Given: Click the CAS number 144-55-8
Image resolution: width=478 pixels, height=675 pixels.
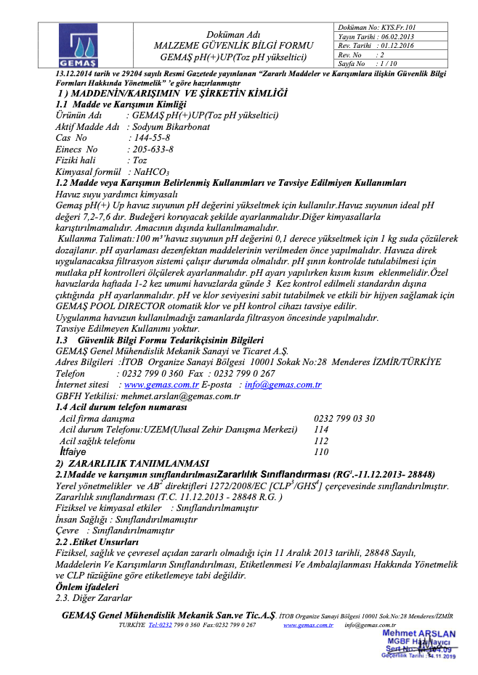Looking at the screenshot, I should pos(150,138).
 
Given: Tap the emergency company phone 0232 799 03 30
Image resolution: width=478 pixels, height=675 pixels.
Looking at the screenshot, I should pos(344,419).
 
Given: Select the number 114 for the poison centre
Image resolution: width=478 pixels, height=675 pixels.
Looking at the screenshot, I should pos(320,430).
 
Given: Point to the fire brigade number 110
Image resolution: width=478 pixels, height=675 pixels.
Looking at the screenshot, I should pos(320,451).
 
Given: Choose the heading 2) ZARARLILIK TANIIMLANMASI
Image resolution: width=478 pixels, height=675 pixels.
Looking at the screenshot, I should pos(132,463).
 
